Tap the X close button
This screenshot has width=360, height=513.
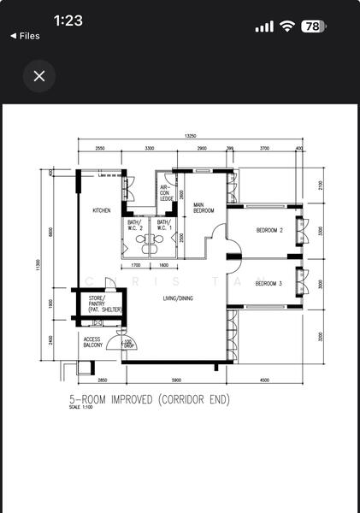click(39, 75)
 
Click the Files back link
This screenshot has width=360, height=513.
click(25, 36)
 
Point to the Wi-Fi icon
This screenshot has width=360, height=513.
click(287, 27)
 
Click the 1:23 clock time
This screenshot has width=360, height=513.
click(68, 21)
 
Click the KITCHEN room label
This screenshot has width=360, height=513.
click(103, 210)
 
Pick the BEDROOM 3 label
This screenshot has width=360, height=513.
click(269, 283)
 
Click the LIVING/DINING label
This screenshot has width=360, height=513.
click(180, 298)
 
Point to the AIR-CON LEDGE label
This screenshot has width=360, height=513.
click(166, 193)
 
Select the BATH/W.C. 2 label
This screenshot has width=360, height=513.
click(136, 226)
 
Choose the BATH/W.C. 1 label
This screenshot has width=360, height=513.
click(164, 226)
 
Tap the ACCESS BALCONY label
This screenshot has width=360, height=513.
click(93, 342)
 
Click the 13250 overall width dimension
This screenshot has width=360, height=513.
click(191, 137)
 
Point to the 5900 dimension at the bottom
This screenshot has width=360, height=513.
click(174, 380)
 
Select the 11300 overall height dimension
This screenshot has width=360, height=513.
click(38, 266)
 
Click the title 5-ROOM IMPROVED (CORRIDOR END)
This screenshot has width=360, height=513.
click(150, 398)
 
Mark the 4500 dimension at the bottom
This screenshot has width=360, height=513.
click(264, 380)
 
